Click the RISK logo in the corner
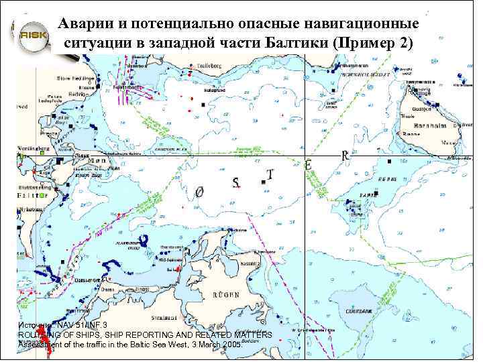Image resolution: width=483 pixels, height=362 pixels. [x=32, y=35]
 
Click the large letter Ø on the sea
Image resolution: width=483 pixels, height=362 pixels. [x=199, y=192]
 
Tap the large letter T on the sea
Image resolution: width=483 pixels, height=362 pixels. [x=270, y=175]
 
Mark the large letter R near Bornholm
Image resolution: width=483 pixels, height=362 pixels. [x=345, y=156]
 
